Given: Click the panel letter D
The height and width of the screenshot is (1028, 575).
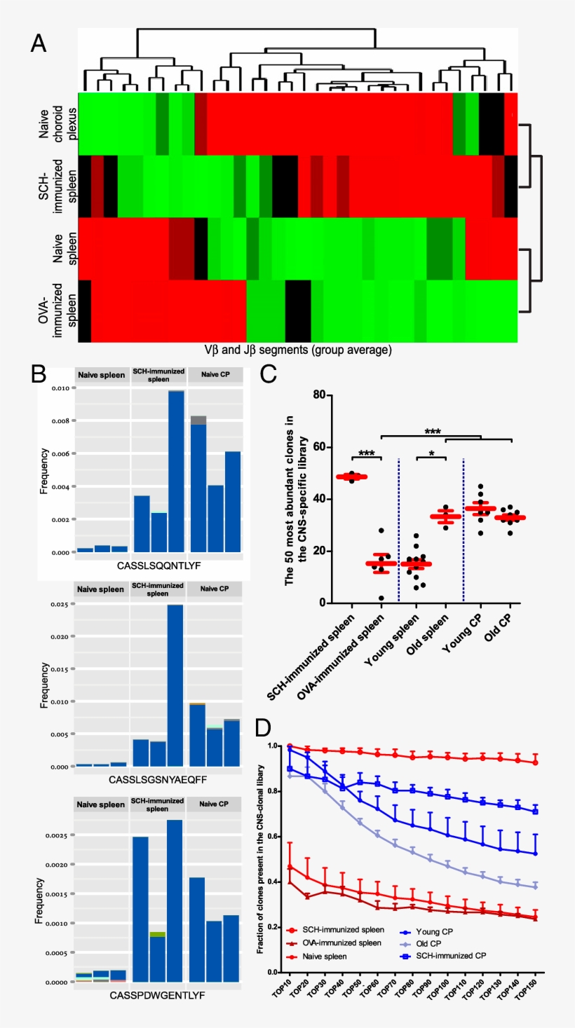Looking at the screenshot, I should tap(262, 727).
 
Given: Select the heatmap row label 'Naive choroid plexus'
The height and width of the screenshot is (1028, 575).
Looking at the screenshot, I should tap(53, 123).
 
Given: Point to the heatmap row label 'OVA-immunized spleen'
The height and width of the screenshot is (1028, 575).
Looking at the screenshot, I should tap(53, 312).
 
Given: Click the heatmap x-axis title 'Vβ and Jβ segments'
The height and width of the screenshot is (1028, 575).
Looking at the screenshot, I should tap(297, 349).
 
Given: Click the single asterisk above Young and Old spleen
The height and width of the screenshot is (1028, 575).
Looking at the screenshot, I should tap(431, 453).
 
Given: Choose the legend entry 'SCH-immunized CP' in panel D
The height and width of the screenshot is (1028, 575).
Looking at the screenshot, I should tap(459, 955).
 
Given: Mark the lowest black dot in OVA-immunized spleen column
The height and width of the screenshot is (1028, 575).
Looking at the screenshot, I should tap(381, 598).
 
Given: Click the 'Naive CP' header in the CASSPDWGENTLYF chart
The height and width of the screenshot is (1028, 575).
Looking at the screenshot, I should tap(215, 804).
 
